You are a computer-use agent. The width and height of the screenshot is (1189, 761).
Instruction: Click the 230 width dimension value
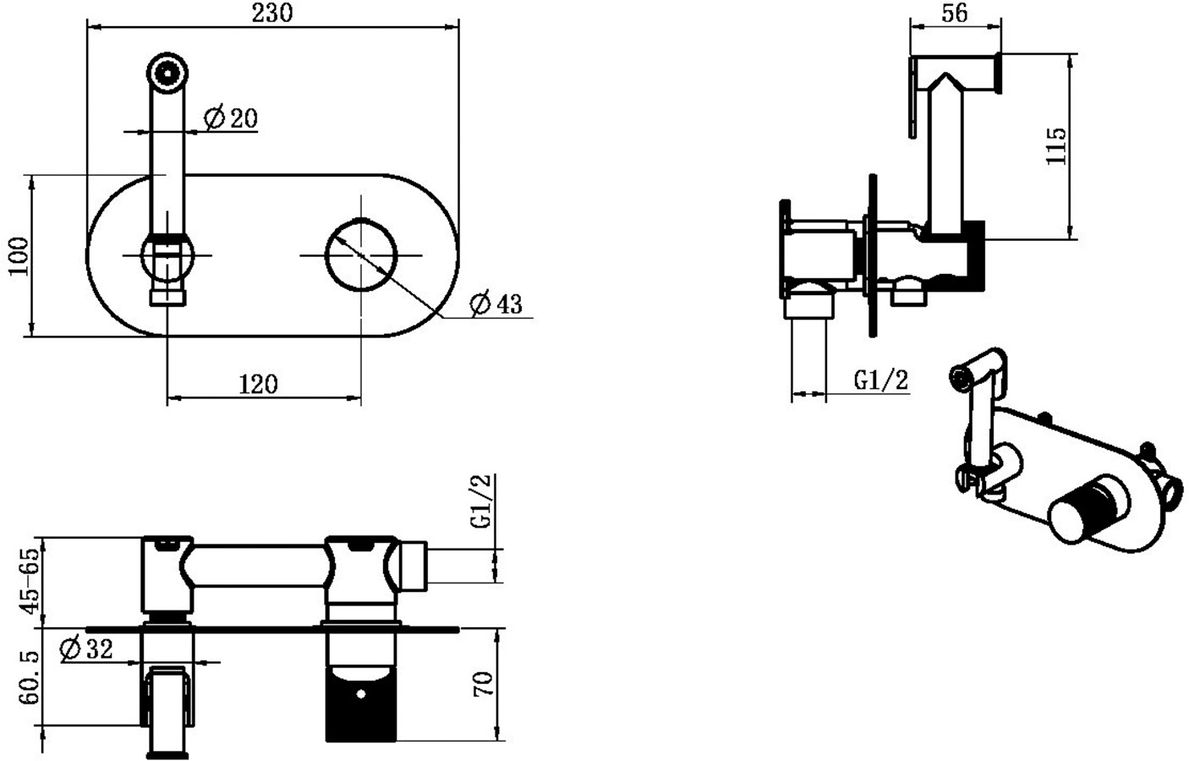(x=271, y=13)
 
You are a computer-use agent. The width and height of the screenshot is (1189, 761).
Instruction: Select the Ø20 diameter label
(x=231, y=118)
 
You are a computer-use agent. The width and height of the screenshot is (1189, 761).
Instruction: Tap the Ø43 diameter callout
(x=496, y=304)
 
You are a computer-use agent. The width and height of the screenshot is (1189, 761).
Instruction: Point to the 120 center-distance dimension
(x=258, y=384)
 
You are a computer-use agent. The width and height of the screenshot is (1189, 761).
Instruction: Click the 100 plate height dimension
(x=19, y=256)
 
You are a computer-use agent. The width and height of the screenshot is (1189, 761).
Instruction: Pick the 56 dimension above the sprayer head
(x=955, y=13)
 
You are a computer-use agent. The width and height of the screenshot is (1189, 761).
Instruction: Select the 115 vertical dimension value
(x=1055, y=146)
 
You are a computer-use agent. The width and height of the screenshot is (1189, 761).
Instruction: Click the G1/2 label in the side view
(x=881, y=380)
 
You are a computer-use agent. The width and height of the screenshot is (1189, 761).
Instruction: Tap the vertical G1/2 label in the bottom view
(x=481, y=501)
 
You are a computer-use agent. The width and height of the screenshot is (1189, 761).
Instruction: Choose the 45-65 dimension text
(x=30, y=581)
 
